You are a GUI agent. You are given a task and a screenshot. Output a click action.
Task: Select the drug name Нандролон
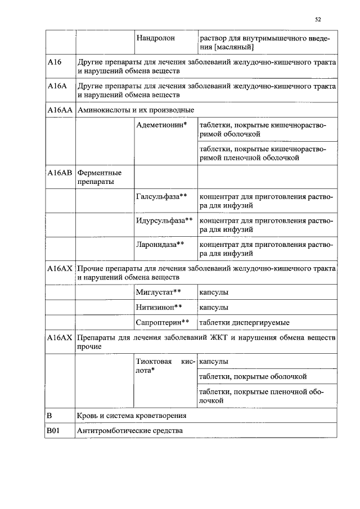point(155,38)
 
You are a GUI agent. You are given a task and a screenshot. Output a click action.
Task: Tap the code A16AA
point(60,109)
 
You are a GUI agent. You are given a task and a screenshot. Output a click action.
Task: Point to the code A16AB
point(60,173)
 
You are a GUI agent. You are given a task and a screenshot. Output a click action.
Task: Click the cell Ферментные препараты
point(99,177)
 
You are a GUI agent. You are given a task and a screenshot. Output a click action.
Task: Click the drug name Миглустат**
point(159,292)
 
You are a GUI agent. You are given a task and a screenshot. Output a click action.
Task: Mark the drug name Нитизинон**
point(159,308)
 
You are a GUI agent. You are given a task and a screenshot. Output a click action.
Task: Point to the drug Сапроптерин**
point(162,323)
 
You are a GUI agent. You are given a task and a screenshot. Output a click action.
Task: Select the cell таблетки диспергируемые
point(245,323)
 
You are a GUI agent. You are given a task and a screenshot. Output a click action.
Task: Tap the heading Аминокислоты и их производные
point(136,109)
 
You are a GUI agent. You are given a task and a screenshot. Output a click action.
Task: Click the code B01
point(53,431)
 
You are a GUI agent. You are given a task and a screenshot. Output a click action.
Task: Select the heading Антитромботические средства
point(134,431)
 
